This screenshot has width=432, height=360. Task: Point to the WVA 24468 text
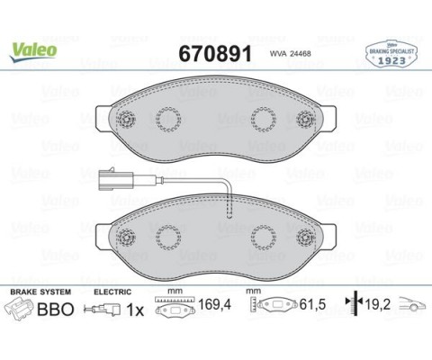click(x=290, y=53)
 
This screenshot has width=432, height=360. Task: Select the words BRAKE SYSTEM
click(x=40, y=292)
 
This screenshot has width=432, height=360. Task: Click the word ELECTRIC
click(x=112, y=292)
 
